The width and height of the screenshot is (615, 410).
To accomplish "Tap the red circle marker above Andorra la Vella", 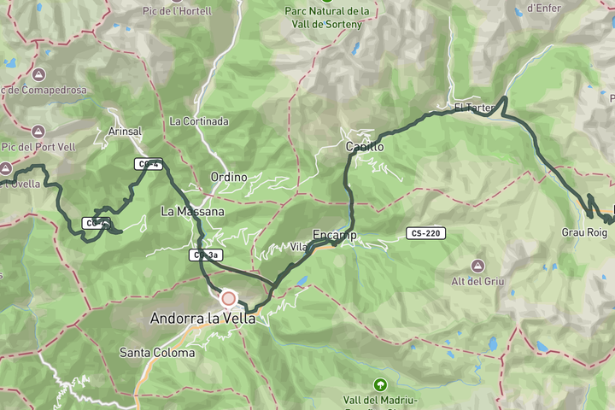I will [x=228, y=299].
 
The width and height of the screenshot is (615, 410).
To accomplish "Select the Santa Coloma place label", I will [x=155, y=352].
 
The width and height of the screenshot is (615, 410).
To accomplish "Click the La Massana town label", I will [x=192, y=211].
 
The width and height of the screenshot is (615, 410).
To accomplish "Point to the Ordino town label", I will [x=228, y=177].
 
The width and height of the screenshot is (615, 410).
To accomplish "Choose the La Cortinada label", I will [x=199, y=121].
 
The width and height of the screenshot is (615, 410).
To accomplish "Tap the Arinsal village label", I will [x=125, y=132].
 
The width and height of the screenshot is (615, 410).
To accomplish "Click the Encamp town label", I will [x=334, y=235].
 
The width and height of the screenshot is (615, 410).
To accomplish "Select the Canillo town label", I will [x=365, y=147].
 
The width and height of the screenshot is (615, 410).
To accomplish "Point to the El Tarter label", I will [x=474, y=108].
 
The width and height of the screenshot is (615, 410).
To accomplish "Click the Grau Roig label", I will [x=584, y=232].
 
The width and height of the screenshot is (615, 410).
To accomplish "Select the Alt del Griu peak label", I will [x=478, y=281].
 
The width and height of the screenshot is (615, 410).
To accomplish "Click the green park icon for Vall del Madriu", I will [x=379, y=385].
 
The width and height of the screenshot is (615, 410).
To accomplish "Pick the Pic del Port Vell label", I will [x=38, y=148].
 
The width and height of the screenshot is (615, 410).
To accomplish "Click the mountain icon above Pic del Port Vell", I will [x=38, y=132].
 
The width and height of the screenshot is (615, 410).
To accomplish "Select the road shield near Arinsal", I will [x=148, y=164].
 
